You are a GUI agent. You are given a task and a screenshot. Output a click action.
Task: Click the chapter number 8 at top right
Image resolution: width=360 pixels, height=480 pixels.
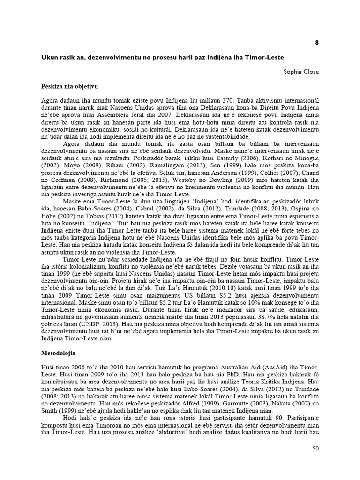[317, 42]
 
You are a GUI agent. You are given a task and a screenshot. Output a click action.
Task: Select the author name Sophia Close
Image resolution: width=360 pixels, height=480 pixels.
[301, 72]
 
